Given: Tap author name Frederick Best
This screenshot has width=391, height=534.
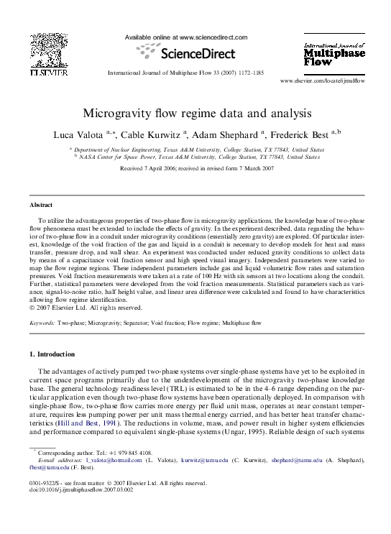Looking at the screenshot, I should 300,134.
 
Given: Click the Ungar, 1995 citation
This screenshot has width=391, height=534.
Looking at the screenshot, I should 268,430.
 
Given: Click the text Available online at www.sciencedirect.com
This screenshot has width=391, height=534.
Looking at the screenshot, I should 186,37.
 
